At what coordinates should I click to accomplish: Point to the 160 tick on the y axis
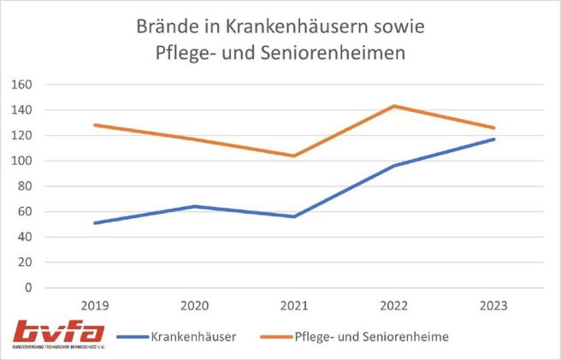coord(21,85)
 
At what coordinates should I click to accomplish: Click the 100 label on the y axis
coord(21,161)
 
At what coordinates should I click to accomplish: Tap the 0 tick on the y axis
coord(27,288)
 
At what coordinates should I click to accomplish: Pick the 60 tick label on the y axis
coord(24,212)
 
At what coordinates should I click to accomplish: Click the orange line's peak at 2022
coord(394,106)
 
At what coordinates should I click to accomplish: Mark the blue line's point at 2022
coord(394,166)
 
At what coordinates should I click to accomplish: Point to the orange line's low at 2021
coord(294,156)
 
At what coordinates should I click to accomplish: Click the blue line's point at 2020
coord(195,206)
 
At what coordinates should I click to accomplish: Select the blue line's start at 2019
coord(95,223)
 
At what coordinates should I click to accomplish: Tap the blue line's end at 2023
coord(493,139)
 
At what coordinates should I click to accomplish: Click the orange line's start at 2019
coord(95,125)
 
